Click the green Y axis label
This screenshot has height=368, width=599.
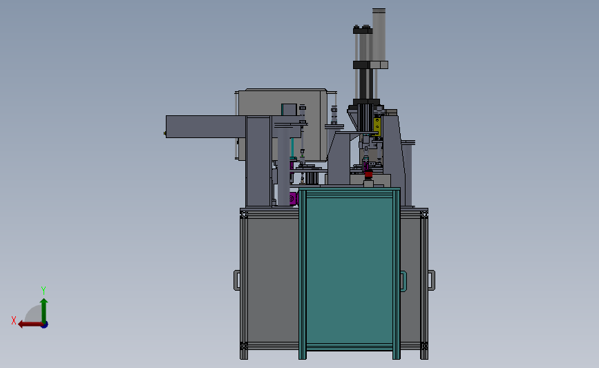coord(44,290)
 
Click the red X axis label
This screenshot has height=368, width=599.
coord(13,320)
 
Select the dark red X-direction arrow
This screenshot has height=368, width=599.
coord(26,324)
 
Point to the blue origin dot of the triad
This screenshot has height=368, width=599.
coord(44,324)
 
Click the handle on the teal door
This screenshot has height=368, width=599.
coord(403,280)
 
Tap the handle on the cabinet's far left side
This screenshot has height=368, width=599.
coord(237,280)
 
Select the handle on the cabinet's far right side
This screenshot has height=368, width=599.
coord(432,280)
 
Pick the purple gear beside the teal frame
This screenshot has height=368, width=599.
coord(293,199)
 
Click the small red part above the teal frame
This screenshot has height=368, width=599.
coord(368,175)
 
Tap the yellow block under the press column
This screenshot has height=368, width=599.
coord(377,126)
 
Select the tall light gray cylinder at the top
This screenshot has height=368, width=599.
coord(379,35)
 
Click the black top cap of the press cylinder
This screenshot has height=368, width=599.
coord(362,30)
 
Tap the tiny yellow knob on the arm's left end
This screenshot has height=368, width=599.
coord(165,133)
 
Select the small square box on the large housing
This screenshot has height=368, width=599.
coord(288,108)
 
